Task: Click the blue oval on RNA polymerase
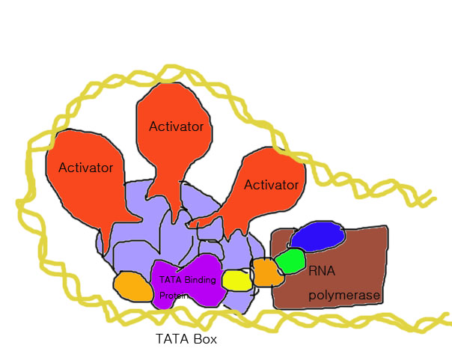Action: click(318, 238)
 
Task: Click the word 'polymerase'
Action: click(345, 296)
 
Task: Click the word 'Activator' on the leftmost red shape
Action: click(85, 166)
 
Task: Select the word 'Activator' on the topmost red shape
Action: click(176, 126)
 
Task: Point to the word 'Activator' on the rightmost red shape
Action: click(272, 184)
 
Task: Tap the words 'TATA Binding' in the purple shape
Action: click(188, 280)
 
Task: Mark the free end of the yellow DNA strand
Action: click(433, 198)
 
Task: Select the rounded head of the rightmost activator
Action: click(273, 180)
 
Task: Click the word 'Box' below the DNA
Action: click(204, 338)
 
